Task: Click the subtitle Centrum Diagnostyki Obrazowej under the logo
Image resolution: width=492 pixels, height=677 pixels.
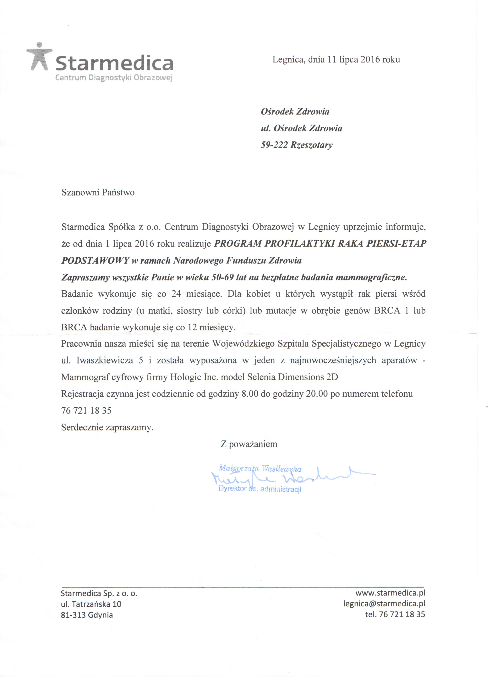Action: click(114, 78)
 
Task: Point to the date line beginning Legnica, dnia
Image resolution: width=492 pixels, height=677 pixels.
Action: click(336, 60)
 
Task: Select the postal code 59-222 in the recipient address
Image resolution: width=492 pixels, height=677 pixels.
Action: click(274, 145)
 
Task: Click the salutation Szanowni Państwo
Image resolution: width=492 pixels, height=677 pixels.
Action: click(98, 193)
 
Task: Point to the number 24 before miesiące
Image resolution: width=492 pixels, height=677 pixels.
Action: click(176, 294)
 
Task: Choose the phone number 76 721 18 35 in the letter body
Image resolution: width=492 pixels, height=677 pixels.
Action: click(86, 411)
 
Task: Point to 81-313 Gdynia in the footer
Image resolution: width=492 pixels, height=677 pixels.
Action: click(87, 615)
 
